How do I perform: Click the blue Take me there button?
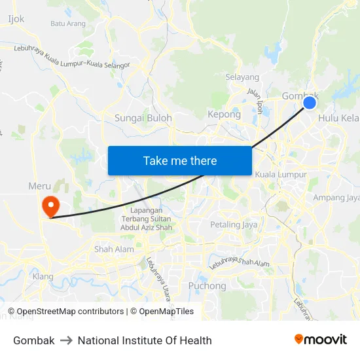180,160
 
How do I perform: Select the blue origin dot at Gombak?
310,103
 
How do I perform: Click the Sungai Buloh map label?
143,118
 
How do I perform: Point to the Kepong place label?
224,115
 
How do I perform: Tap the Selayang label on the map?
242,77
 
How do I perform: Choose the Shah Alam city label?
114,249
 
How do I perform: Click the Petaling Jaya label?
234,225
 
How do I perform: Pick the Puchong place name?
207,286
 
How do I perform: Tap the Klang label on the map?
43,277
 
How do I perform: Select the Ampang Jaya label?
336,197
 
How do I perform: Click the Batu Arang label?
68,24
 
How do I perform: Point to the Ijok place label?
16,19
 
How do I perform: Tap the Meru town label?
39,186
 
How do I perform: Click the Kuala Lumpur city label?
281,175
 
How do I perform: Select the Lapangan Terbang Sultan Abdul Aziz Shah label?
147,219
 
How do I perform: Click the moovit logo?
320,339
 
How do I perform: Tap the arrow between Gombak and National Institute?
66,340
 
